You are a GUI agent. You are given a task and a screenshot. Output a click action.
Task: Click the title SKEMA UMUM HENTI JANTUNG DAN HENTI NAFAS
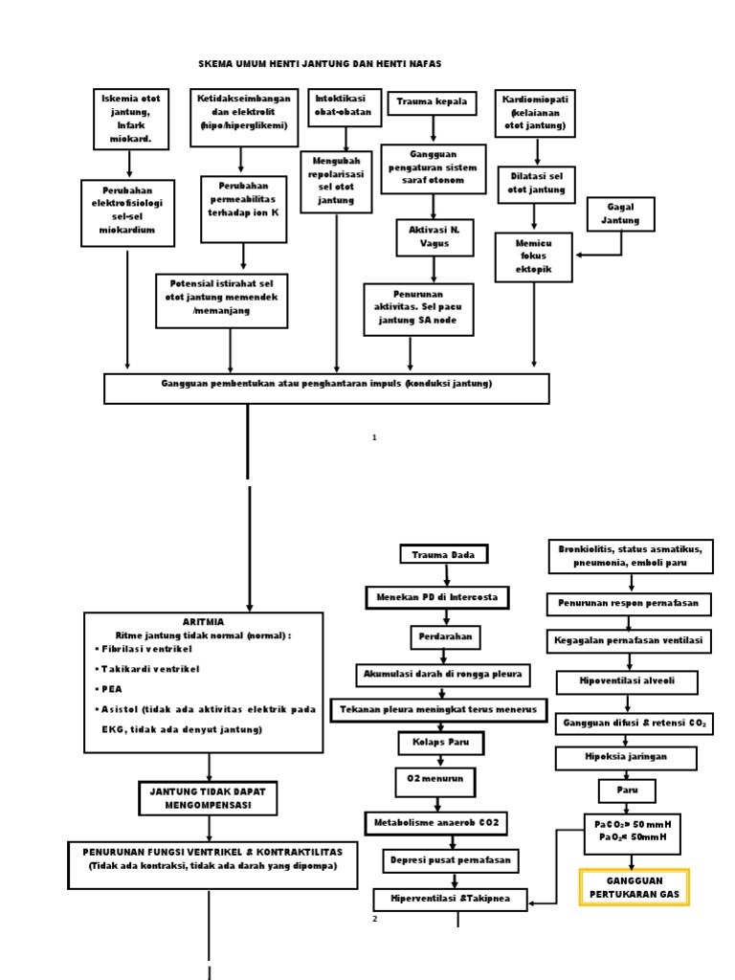[320, 63]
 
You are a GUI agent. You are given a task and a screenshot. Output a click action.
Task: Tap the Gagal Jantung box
[620, 213]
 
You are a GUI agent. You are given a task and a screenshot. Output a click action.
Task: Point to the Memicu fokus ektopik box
[533, 257]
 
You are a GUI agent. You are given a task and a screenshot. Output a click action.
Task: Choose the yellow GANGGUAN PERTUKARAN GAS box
[634, 886]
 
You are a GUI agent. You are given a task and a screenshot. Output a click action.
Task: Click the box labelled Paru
[627, 791]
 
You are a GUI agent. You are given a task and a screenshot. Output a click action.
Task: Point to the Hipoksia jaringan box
[627, 757]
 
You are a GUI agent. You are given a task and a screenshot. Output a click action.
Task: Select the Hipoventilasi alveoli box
[627, 681]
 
